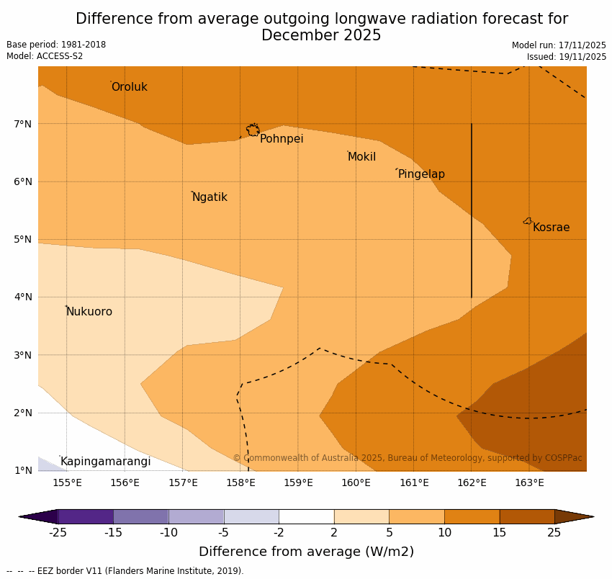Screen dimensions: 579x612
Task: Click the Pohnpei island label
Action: pyautogui.click(x=282, y=139)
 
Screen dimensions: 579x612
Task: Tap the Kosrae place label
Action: pyautogui.click(x=551, y=228)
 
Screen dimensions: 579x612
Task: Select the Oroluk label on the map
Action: pyautogui.click(x=129, y=87)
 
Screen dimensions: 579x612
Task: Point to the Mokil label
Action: pyautogui.click(x=361, y=157)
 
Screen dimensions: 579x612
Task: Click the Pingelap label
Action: pyautogui.click(x=421, y=174)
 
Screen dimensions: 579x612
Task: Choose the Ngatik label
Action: pyautogui.click(x=210, y=197)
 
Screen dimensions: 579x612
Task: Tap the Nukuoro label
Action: pyautogui.click(x=89, y=312)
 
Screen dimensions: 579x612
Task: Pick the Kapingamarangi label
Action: pyautogui.click(x=105, y=462)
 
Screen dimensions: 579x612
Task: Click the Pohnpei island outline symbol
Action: pyautogui.click(x=253, y=130)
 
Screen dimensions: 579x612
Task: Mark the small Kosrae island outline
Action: pyautogui.click(x=528, y=221)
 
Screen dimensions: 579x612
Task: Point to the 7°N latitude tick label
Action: pyautogui.click(x=23, y=124)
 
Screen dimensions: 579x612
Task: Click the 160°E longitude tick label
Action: pyautogui.click(x=356, y=482)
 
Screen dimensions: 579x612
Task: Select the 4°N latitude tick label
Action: pyautogui.click(x=23, y=297)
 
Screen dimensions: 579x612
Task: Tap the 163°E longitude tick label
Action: pyautogui.click(x=529, y=482)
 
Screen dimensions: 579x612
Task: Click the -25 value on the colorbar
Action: pyautogui.click(x=58, y=533)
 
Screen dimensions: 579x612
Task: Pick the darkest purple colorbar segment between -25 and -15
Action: pyautogui.click(x=85, y=516)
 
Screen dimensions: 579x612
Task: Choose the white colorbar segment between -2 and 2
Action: pyautogui.click(x=306, y=516)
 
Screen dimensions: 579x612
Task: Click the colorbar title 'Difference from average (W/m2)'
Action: pyautogui.click(x=306, y=552)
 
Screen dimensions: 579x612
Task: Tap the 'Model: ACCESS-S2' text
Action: pyautogui.click(x=45, y=56)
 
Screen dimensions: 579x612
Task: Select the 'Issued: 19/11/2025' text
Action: pyautogui.click(x=566, y=56)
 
